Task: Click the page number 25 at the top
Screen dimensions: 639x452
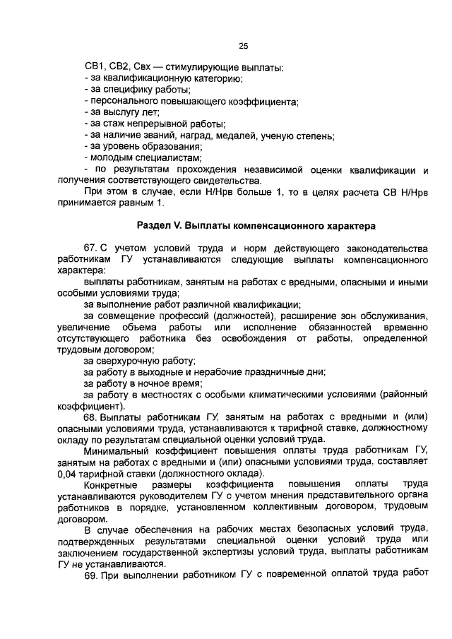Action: (x=243, y=46)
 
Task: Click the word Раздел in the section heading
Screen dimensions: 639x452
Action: (x=153, y=226)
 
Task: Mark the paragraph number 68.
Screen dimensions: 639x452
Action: (x=91, y=418)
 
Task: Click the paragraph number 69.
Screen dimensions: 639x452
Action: (x=91, y=576)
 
